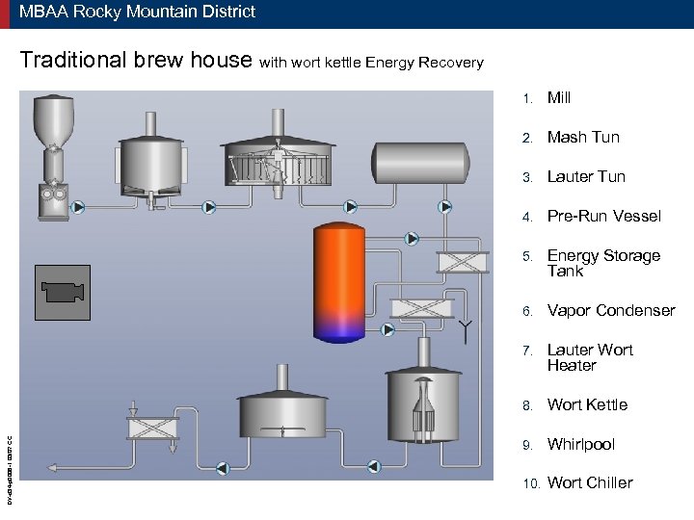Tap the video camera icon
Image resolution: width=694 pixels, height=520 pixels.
63,292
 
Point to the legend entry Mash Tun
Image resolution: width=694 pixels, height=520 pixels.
583,137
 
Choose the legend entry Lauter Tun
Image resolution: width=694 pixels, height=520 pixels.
586,176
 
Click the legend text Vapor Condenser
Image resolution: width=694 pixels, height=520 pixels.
611,310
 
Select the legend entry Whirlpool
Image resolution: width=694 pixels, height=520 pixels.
580,444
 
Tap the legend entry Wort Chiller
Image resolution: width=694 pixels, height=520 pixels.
590,482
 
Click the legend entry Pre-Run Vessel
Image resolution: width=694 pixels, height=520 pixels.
603,216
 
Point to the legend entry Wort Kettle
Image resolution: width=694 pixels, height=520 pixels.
587,404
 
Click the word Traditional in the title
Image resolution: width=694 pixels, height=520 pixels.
73,61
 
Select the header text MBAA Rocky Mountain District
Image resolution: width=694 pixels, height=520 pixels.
137,13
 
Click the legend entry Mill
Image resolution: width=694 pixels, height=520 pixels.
559,97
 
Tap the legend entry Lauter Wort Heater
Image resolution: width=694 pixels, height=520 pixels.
590,357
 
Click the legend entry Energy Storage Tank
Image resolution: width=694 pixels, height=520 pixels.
603,263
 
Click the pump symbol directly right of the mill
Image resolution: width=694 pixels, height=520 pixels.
78,206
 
